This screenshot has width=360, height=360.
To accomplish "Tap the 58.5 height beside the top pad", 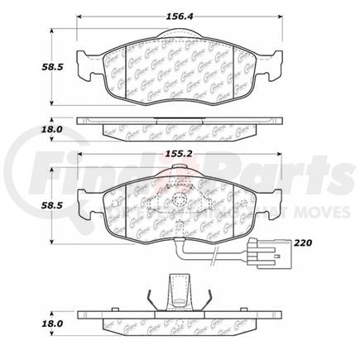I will click(x=29, y=68).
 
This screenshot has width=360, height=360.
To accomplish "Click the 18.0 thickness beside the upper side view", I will click(x=29, y=130).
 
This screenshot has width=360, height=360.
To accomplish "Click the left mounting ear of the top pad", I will click(x=83, y=60).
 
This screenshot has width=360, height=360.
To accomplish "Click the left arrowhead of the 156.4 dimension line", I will click(x=80, y=20).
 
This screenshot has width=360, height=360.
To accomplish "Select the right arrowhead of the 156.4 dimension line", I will click(x=277, y=20).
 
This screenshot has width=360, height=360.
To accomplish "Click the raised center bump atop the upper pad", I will click(x=179, y=36).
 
